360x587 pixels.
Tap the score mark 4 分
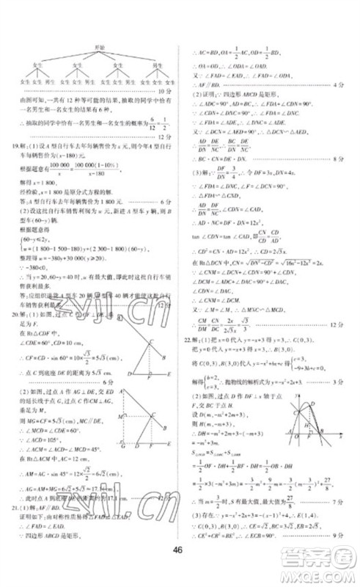tap(338, 85)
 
